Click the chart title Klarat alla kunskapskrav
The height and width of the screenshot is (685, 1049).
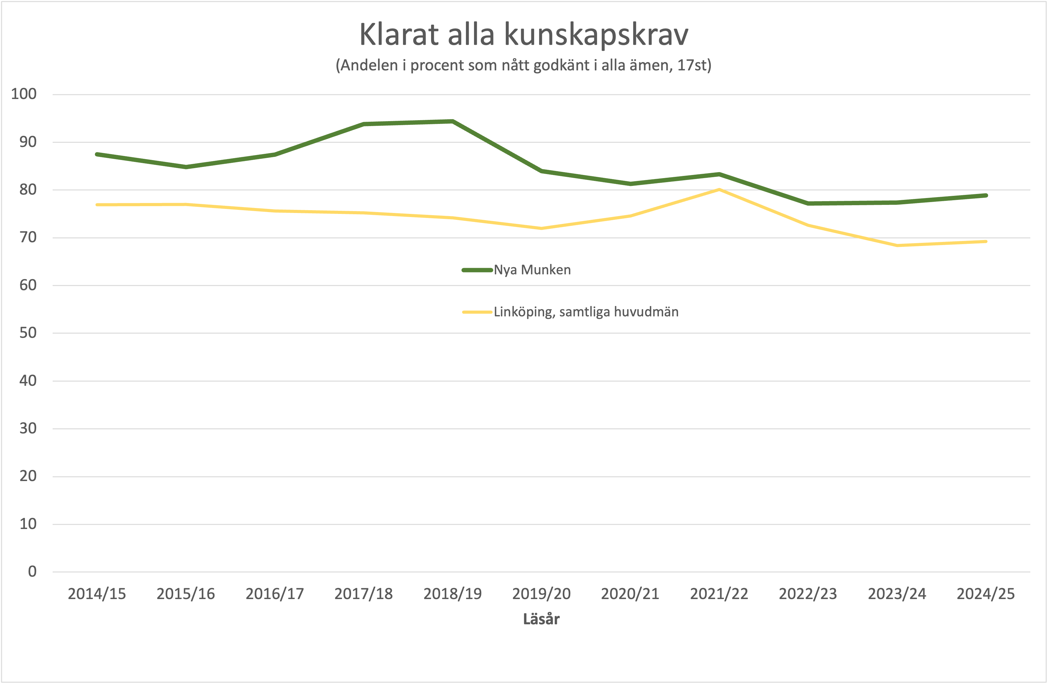[524, 34]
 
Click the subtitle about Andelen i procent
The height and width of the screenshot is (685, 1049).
[524, 65]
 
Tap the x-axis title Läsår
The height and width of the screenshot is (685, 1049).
[541, 619]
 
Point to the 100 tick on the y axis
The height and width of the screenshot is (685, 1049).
[24, 94]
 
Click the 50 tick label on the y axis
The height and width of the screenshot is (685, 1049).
[28, 333]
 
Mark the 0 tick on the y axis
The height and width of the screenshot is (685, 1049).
[32, 572]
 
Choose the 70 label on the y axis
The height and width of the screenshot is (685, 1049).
[28, 238]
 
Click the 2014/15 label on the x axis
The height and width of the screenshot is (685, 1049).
[97, 594]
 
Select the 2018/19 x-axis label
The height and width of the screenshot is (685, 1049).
[453, 594]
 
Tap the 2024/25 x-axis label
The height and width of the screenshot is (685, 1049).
[985, 594]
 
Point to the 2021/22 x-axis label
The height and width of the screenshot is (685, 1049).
[719, 594]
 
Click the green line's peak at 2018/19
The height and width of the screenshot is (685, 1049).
[453, 121]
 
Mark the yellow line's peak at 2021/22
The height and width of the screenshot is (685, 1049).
[719, 189]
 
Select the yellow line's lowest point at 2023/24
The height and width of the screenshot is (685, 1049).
[897, 245]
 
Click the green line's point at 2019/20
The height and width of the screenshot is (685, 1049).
[541, 171]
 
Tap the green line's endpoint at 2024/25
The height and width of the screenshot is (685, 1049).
[985, 195]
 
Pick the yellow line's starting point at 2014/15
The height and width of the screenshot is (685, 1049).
[97, 205]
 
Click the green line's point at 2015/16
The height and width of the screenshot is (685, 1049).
[186, 167]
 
